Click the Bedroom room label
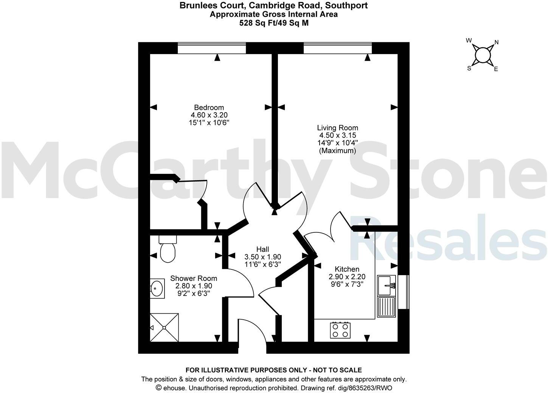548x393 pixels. click(209, 107)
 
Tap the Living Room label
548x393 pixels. click(337, 128)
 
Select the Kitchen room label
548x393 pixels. click(347, 269)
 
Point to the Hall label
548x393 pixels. click(262, 249)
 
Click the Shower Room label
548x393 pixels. click(194, 278)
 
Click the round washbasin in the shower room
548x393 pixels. click(157, 289)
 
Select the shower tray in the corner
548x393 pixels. click(164, 327)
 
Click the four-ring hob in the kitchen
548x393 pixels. click(340, 330)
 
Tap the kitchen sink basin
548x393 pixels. click(386, 285)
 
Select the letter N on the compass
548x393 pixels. click(497, 42)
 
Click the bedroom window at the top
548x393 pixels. click(211, 48)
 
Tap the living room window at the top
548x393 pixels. click(337, 48)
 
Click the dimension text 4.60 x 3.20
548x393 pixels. click(209, 115)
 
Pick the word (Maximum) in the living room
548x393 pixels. click(337, 151)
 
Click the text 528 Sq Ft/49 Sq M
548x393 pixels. click(273, 23)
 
